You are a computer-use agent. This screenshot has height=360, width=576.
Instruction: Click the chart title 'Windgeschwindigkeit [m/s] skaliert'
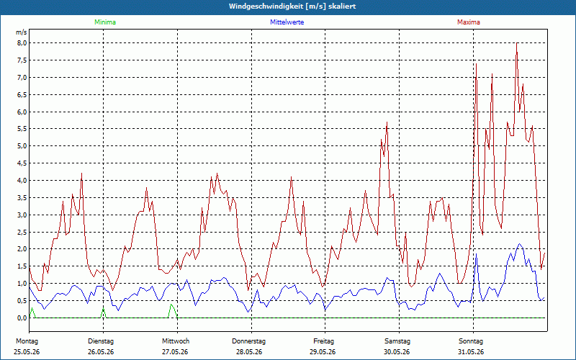[x=292, y=6]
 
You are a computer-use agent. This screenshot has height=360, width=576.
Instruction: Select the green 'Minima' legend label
[x=105, y=22]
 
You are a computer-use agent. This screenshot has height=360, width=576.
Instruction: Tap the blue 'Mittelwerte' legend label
[x=287, y=22]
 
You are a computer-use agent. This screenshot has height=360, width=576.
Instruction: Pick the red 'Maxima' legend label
[x=469, y=22]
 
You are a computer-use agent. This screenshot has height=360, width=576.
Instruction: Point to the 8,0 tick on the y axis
[x=22, y=43]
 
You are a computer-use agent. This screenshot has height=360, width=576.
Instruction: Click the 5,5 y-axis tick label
[x=22, y=129]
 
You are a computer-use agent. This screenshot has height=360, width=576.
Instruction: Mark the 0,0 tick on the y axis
[x=22, y=318]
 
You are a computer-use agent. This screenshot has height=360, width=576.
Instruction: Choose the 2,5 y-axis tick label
[x=22, y=232]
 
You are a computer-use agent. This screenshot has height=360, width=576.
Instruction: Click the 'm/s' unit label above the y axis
[x=21, y=32]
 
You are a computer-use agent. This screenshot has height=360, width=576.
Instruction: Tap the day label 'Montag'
[x=27, y=341]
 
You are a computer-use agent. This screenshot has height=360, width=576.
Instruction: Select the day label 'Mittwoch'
[x=176, y=341]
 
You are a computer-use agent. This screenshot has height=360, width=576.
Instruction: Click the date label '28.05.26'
[x=249, y=352]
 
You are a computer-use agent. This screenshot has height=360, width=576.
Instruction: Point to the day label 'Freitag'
[x=323, y=341]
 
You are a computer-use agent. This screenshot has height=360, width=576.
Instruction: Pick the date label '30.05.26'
[x=397, y=352]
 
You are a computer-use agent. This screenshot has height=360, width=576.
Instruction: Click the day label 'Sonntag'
[x=471, y=341]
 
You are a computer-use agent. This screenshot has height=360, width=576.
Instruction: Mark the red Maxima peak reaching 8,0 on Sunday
[x=517, y=43]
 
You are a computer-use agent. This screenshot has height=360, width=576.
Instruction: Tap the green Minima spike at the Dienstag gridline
[x=103, y=309]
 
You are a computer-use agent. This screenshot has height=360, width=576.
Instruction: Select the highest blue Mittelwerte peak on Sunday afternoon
[x=519, y=244]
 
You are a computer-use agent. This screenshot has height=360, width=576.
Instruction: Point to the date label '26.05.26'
[x=101, y=352]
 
